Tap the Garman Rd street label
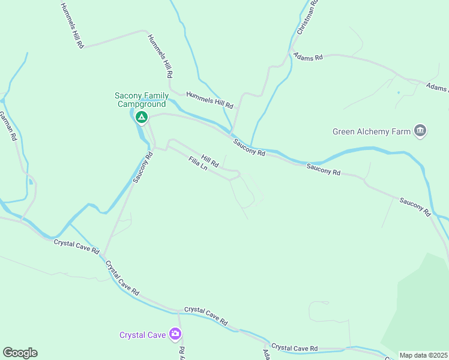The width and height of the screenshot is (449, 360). coord(8,125)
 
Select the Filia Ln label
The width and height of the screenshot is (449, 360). coord(197,164)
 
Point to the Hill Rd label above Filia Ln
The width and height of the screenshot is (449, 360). coord(210,160)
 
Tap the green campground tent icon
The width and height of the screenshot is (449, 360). coord(141,117)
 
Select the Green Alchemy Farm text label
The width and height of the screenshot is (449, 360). coord(372,131)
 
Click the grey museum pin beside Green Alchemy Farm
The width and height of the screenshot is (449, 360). coord(420,131)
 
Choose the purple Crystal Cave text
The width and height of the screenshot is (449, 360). coord(142,335)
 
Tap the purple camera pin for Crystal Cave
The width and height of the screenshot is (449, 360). coord(175,334)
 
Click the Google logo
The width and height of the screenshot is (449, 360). coord(20,353)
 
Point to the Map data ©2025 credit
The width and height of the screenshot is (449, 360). coord(423,355)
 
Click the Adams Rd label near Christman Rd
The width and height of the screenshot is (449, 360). coord(308,57)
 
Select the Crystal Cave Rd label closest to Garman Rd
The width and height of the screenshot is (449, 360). coord(76,246)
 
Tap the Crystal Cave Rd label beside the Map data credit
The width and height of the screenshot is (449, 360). coord(294,348)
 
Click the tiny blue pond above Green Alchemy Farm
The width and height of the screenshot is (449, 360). coord(398,92)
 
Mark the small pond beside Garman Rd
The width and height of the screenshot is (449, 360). coord(30,181)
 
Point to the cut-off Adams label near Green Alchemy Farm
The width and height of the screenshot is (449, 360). coord(437,88)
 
